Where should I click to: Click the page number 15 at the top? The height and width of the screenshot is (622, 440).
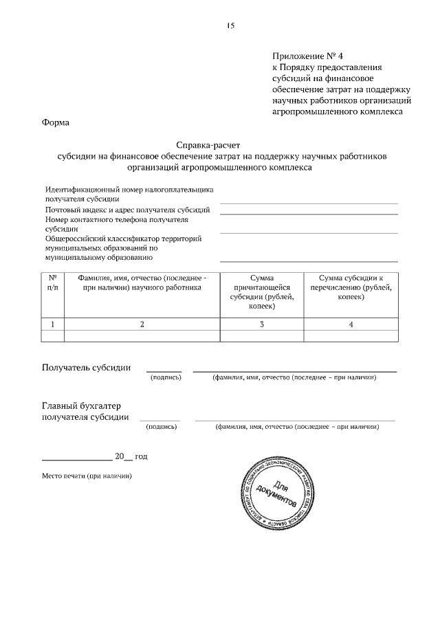coord(230,25)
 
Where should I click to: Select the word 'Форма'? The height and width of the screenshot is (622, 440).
coord(56,123)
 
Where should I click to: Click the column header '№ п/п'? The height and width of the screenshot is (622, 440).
coord(52,282)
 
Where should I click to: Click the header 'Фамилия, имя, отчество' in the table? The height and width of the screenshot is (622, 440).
coord(142,282)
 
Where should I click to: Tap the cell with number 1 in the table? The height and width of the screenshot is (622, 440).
coord(52,324)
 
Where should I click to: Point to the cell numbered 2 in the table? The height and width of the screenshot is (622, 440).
coord(142,324)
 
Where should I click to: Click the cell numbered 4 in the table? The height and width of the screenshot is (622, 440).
coord(351,324)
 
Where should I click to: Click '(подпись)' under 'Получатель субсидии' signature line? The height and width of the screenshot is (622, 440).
coord(165,377)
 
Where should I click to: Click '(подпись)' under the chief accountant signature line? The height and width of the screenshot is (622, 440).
coord(162,427)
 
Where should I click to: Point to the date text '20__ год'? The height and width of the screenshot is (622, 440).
coord(131,456)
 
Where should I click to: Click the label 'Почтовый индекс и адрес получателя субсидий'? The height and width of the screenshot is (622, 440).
coord(127,209)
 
